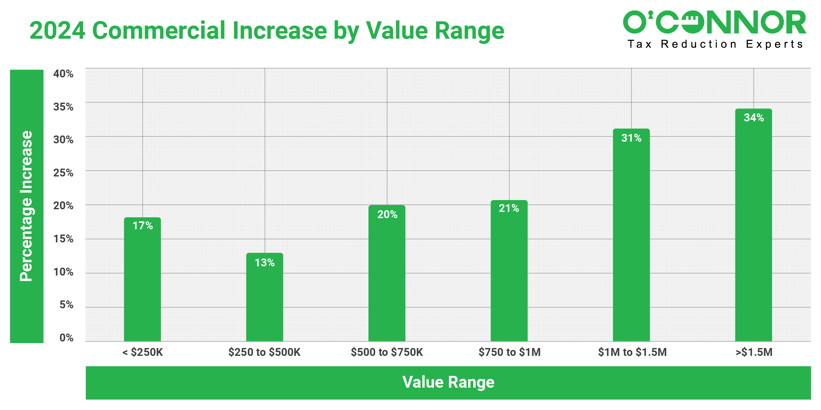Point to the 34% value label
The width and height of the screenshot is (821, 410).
point(754,118)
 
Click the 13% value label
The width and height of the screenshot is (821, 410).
point(264,263)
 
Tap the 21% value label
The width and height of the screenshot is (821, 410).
point(509,208)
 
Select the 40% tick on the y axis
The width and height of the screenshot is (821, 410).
point(63,74)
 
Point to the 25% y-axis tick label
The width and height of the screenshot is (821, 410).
point(63,173)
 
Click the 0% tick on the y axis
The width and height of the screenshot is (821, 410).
point(66,338)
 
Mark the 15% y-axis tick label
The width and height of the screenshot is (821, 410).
point(63,239)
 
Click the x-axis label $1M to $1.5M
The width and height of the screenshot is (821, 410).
point(632,352)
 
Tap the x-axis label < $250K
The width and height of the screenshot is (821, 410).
point(143,352)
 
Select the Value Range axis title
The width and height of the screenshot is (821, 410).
point(448,382)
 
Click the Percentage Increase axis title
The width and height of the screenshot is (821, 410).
point(27,206)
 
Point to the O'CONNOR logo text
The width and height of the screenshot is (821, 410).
point(714,22)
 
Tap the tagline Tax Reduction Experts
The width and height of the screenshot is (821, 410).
point(715,44)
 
